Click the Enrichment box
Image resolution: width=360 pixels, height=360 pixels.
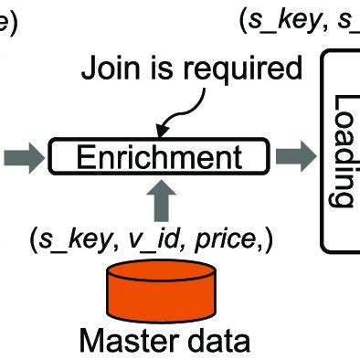(158, 156)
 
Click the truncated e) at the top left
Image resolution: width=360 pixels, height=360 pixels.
(6, 22)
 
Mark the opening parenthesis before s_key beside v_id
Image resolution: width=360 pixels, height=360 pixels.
(32, 241)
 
